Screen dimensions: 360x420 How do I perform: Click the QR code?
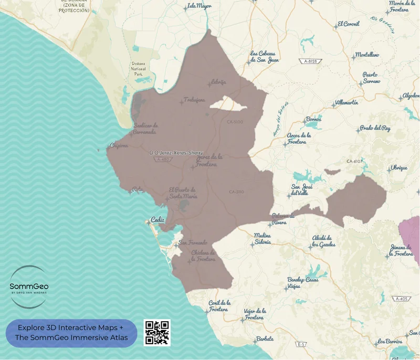(157, 332)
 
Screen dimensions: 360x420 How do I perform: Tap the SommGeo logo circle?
(29, 287)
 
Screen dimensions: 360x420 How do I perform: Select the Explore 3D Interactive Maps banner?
(71, 333)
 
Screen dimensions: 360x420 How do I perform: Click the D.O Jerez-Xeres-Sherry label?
(176, 153)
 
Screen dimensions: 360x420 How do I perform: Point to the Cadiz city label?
(157, 220)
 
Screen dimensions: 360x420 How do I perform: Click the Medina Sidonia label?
(262, 239)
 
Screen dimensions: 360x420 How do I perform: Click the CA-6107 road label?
(355, 161)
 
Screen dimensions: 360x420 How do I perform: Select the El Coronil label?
(349, 24)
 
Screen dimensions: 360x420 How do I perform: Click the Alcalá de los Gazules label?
(323, 241)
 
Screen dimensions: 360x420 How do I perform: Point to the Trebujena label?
(194, 100)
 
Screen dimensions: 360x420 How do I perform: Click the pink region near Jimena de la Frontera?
(411, 234)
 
